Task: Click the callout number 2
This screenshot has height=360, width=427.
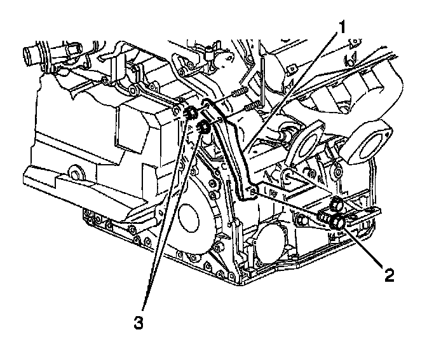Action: [388, 275]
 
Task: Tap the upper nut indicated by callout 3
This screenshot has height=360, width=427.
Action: [189, 114]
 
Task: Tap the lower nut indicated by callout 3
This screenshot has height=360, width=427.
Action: [205, 127]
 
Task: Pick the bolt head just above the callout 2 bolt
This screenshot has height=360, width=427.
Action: [337, 204]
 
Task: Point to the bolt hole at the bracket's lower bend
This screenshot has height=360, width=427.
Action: [254, 189]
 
